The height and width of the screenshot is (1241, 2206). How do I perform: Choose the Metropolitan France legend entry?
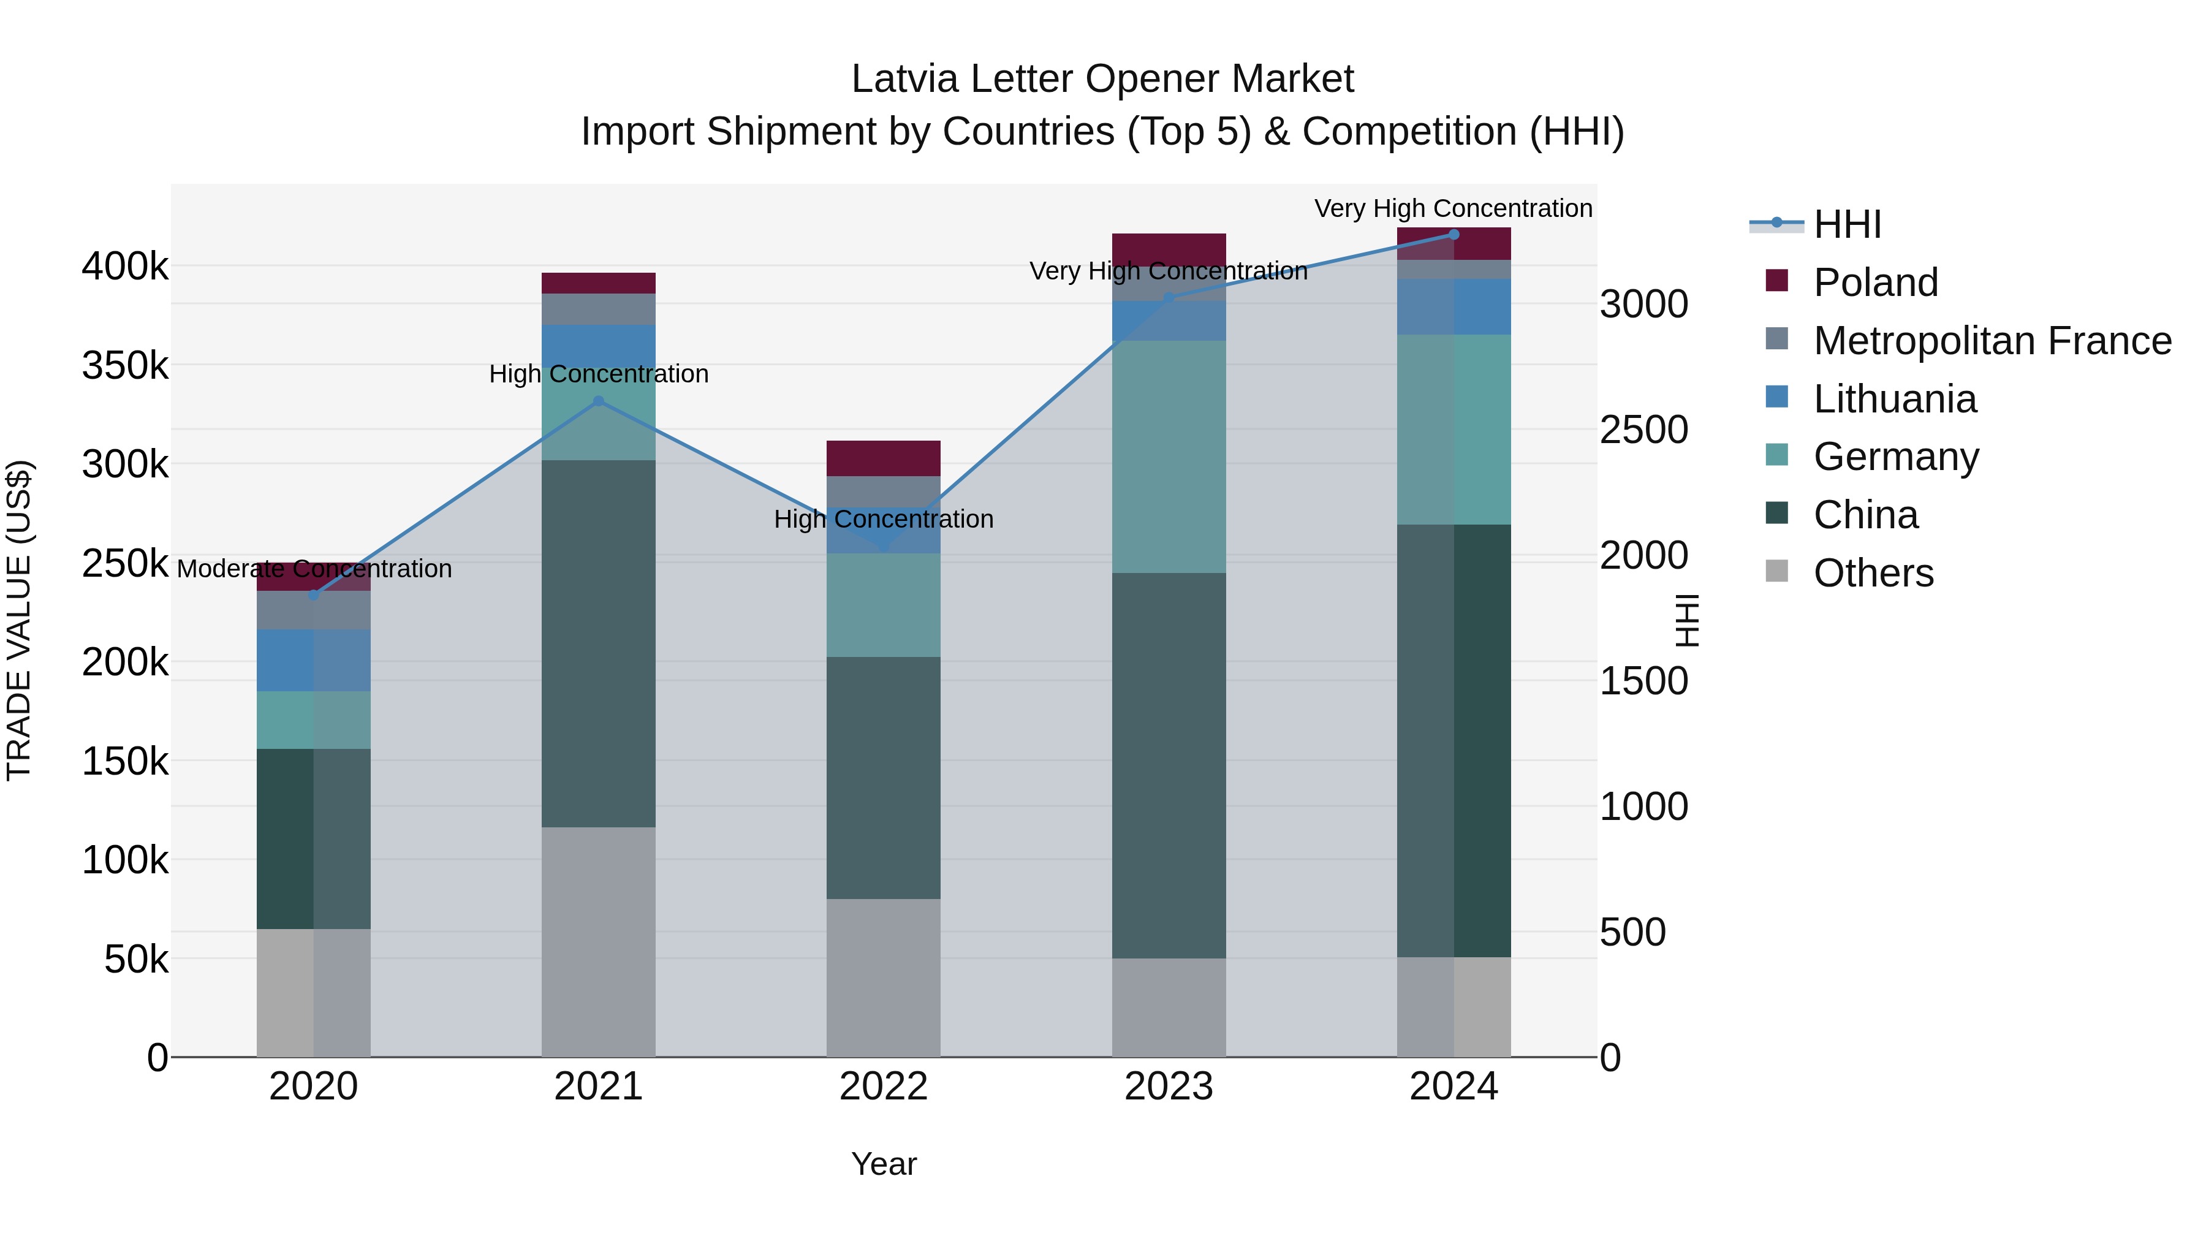1992,341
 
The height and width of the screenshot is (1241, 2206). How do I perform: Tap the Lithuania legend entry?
1894,399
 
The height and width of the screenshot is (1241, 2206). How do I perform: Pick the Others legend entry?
1873,573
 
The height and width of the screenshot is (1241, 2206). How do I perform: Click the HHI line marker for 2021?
599,401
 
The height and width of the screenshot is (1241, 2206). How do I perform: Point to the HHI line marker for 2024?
1454,234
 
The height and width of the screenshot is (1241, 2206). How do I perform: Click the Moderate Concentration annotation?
314,569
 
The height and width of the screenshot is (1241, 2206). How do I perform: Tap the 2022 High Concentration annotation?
883,519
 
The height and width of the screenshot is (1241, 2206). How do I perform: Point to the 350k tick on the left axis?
125,366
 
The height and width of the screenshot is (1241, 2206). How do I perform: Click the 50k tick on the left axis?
136,960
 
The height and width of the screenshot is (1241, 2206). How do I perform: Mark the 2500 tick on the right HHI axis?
1643,430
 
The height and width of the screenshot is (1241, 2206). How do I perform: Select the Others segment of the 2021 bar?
599,942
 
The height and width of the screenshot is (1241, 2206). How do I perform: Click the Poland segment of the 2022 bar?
883,458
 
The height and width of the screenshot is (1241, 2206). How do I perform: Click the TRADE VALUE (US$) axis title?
19,621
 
